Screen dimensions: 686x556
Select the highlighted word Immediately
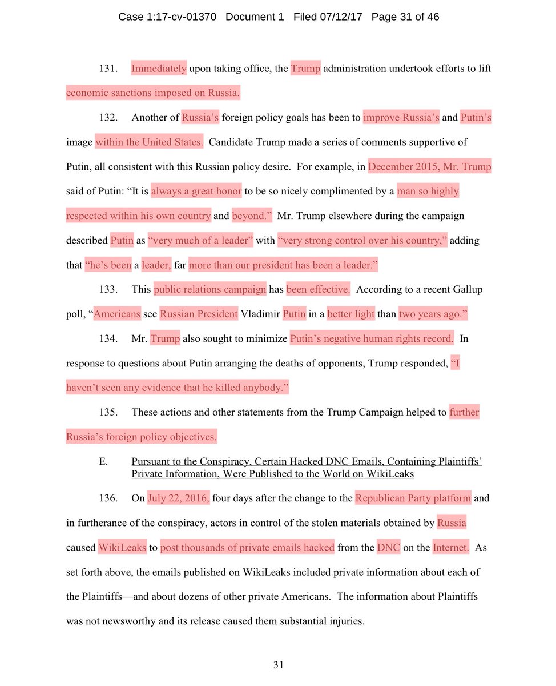pyautogui.click(x=159, y=69)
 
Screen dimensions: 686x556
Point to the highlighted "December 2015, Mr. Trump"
pyautogui.click(x=430, y=167)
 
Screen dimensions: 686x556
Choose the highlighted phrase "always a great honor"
pyautogui.click(x=196, y=192)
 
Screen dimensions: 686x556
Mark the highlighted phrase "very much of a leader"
pyautogui.click(x=201, y=241)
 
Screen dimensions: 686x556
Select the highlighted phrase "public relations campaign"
pyautogui.click(x=210, y=290)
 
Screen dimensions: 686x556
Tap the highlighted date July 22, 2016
pyautogui.click(x=179, y=498)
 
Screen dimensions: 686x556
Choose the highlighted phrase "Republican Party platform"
pyautogui.click(x=413, y=498)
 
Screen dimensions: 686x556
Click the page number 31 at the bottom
pyautogui.click(x=278, y=665)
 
